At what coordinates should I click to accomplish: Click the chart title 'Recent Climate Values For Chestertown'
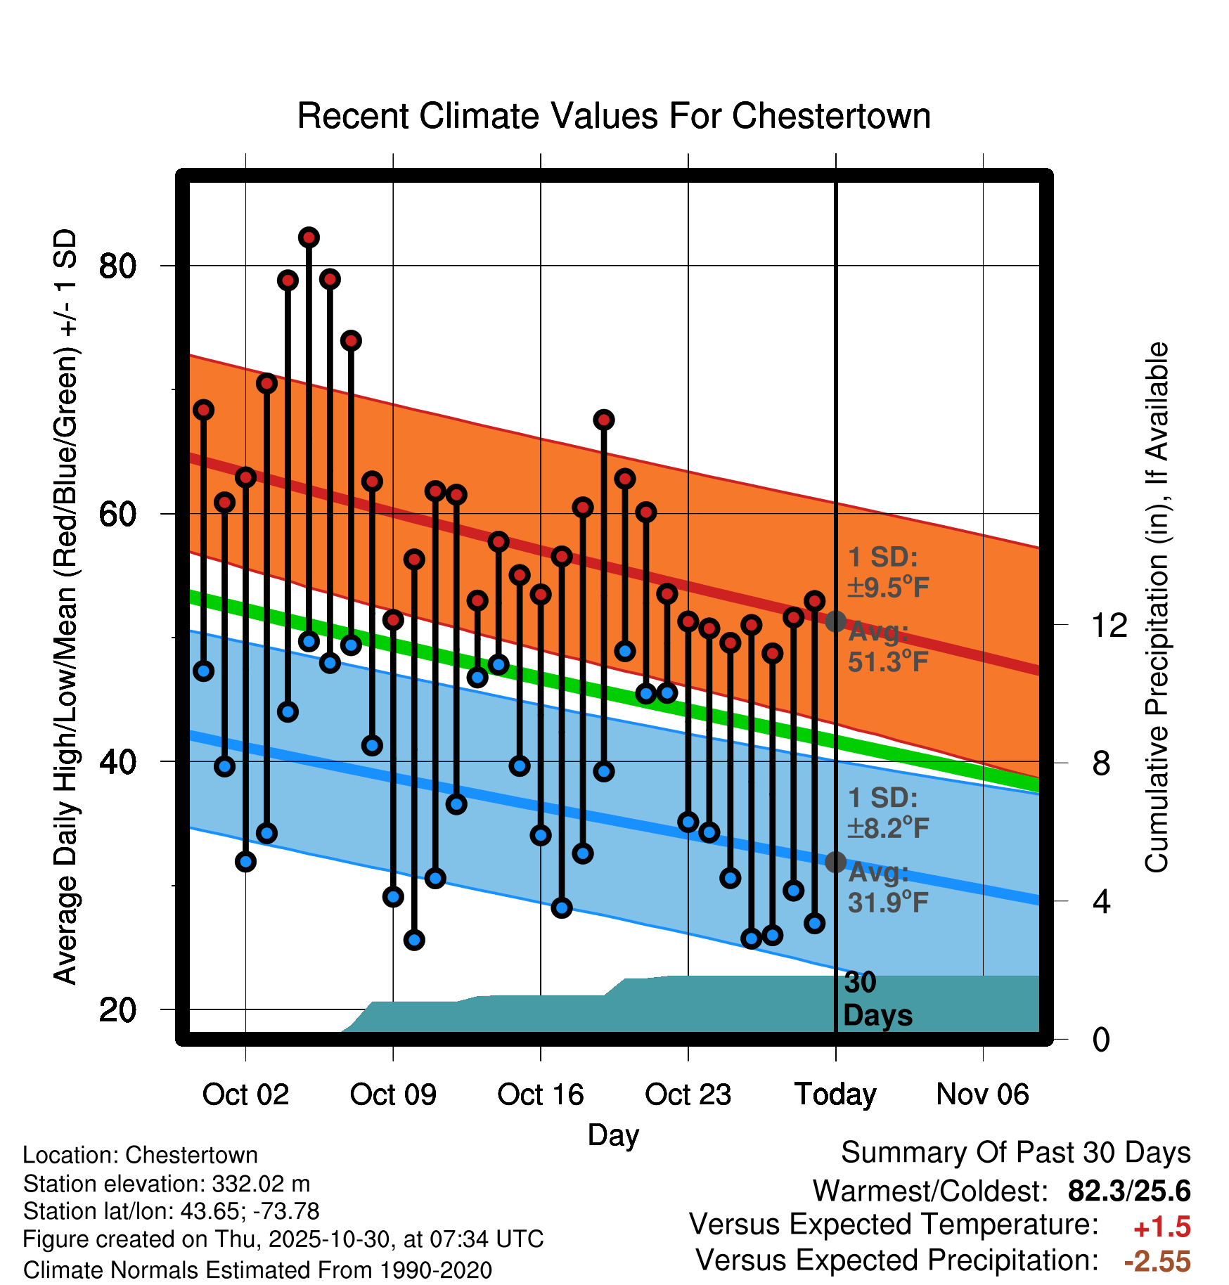pos(614,116)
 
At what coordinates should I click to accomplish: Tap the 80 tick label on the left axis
pos(117,266)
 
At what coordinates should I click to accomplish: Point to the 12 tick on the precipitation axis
pos(1109,625)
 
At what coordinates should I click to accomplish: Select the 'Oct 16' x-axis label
pos(540,1094)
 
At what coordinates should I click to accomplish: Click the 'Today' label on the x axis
pos(835,1094)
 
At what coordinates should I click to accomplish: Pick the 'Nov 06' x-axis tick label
pos(982,1094)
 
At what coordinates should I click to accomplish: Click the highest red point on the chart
pos(309,238)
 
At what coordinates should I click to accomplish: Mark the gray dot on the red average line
pos(835,621)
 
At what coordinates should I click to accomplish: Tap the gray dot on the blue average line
pos(835,862)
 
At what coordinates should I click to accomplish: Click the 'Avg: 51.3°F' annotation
pos(887,647)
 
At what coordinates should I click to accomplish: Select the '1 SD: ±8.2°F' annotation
pos(887,813)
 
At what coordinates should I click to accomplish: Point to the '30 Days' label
pos(877,999)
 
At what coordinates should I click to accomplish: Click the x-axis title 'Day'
pos(613,1135)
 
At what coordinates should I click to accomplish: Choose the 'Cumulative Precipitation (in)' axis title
pos(1157,607)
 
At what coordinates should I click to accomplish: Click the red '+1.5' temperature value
pos(1162,1227)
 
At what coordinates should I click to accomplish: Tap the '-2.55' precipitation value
pos(1157,1262)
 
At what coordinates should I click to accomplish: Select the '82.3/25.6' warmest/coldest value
pos(1128,1191)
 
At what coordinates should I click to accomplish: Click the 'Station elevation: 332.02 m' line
pos(167,1184)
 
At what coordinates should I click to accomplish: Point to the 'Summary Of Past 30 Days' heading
pos(1015,1153)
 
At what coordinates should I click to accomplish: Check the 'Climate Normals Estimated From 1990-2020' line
pos(257,1270)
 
